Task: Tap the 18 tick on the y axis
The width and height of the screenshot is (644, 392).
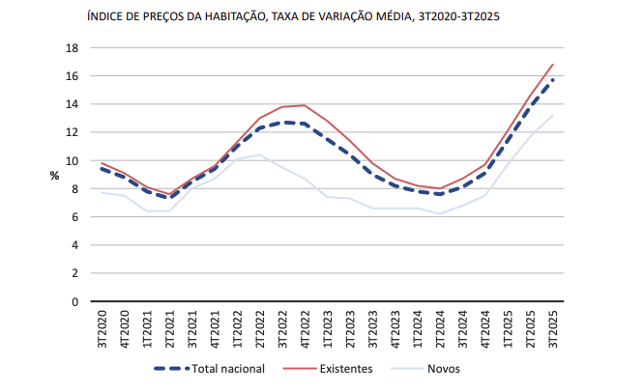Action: pyautogui.click(x=71, y=47)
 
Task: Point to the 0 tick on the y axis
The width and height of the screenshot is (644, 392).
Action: pyautogui.click(x=73, y=301)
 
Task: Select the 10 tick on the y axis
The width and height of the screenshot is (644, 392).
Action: pyautogui.click(x=71, y=160)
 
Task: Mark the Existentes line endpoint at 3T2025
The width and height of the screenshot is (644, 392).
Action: pyautogui.click(x=553, y=65)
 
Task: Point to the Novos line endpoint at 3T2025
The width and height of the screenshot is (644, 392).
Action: pyautogui.click(x=553, y=116)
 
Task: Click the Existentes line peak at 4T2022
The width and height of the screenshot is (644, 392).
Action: pyautogui.click(x=305, y=105)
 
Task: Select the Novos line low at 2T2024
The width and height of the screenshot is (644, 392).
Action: pyautogui.click(x=441, y=213)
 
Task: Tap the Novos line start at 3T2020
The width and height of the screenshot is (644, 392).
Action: pyautogui.click(x=102, y=192)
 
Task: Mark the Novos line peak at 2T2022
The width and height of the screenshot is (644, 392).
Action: pyautogui.click(x=259, y=154)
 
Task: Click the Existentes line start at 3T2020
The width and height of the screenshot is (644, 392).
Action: pyautogui.click(x=102, y=163)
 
